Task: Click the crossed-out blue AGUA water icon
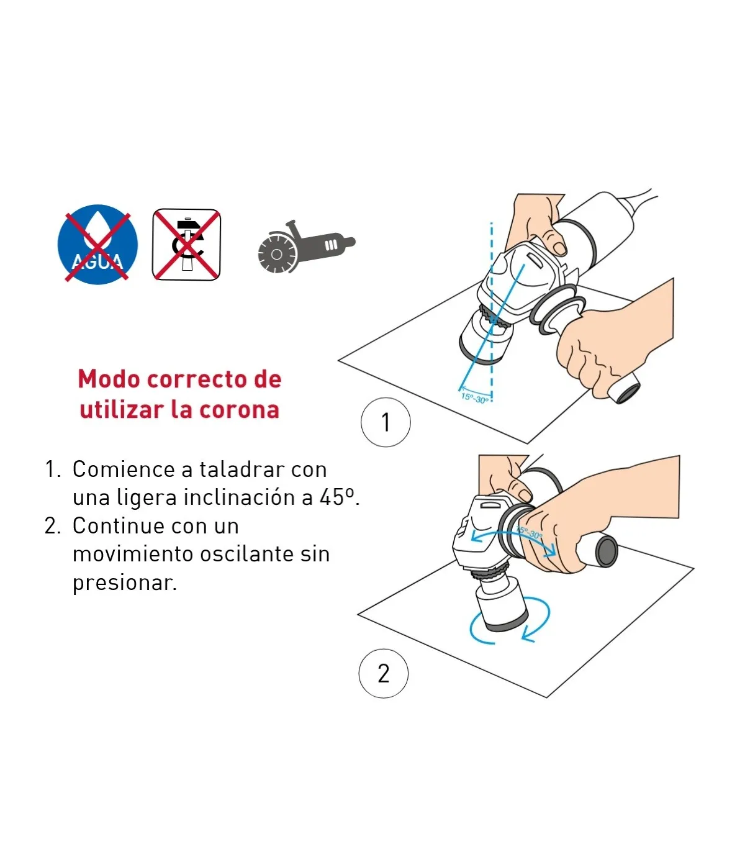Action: click(97, 245)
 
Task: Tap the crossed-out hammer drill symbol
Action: click(186, 245)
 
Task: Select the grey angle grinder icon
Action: click(306, 247)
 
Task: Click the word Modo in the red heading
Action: click(109, 379)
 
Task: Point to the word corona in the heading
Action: click(239, 410)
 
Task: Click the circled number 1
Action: click(386, 422)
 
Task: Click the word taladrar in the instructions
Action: click(238, 469)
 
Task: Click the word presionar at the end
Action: click(125, 583)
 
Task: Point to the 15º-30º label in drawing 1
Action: click(474, 398)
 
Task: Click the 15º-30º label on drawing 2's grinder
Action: click(530, 533)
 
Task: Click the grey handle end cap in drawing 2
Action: click(607, 551)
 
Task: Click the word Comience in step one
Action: click(124, 469)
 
